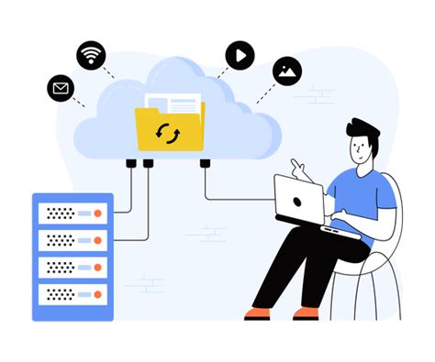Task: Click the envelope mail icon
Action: click(61, 89)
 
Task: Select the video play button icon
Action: click(239, 55)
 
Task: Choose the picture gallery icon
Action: click(287, 71)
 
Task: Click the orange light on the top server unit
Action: click(98, 213)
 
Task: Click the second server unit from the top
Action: click(72, 241)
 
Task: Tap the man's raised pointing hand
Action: click(299, 169)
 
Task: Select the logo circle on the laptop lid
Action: click(298, 199)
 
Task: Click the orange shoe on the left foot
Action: click(258, 313)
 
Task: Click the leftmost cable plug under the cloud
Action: click(132, 163)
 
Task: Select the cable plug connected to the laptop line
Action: click(204, 163)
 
